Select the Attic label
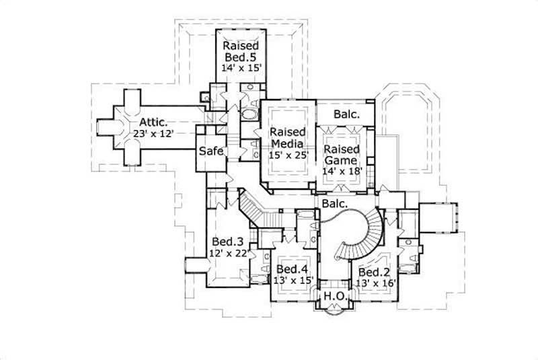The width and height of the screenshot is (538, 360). click(x=153, y=122)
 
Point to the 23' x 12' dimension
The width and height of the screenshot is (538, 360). click(x=153, y=134)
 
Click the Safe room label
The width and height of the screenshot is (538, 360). click(x=210, y=151)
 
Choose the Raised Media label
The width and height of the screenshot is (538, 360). click(x=288, y=137)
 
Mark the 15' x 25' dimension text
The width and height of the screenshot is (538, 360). click(x=288, y=155)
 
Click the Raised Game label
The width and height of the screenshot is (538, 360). click(x=342, y=154)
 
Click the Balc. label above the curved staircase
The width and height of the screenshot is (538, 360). click(x=334, y=202)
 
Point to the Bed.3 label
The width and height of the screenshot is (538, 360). click(x=227, y=241)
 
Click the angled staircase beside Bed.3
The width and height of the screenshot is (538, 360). click(x=259, y=209)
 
